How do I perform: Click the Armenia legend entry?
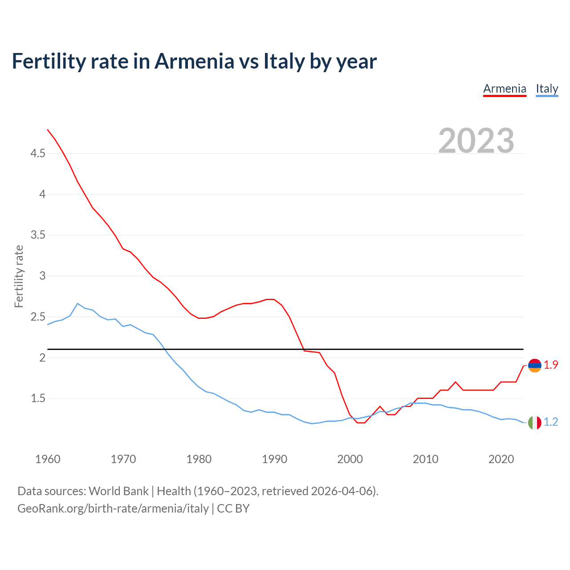(x=505, y=89)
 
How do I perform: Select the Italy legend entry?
(x=547, y=89)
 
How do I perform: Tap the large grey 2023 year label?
(x=476, y=140)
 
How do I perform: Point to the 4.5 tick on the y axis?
(x=38, y=154)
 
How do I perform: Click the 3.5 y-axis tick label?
(x=38, y=235)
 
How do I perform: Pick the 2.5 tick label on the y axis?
(x=38, y=317)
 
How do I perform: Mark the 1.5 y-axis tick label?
(x=38, y=399)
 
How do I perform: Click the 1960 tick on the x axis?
(x=48, y=459)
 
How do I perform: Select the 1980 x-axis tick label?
(x=199, y=459)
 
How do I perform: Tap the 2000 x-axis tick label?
(x=350, y=459)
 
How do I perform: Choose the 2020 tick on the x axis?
(x=501, y=459)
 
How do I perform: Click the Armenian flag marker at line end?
(x=534, y=366)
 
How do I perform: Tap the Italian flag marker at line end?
(x=534, y=423)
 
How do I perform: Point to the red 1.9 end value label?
(x=551, y=365)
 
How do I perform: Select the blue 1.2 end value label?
(x=551, y=422)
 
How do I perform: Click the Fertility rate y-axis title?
(x=19, y=276)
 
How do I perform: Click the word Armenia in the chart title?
(x=194, y=61)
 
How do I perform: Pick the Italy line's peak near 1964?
(x=77, y=304)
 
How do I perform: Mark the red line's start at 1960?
(x=48, y=130)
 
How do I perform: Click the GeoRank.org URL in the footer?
(x=113, y=509)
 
